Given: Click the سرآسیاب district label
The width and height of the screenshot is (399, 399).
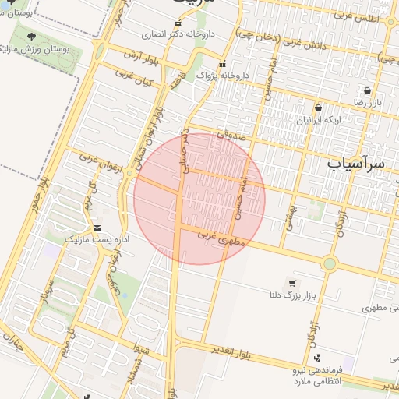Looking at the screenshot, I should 356,164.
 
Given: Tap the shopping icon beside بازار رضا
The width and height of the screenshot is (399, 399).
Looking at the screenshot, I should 367,91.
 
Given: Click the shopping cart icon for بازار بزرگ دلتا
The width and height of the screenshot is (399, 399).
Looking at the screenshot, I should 292,284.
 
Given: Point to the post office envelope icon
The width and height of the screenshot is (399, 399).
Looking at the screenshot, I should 97,228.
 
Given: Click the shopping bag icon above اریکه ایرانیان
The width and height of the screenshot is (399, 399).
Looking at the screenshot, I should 318,108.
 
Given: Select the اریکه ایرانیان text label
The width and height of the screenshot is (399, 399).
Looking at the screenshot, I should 319,120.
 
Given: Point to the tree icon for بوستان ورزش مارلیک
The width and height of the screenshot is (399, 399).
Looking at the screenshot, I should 31,37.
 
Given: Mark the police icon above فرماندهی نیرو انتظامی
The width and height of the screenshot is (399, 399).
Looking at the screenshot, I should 317,358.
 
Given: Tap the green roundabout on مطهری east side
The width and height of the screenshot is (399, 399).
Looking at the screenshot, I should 330,263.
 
